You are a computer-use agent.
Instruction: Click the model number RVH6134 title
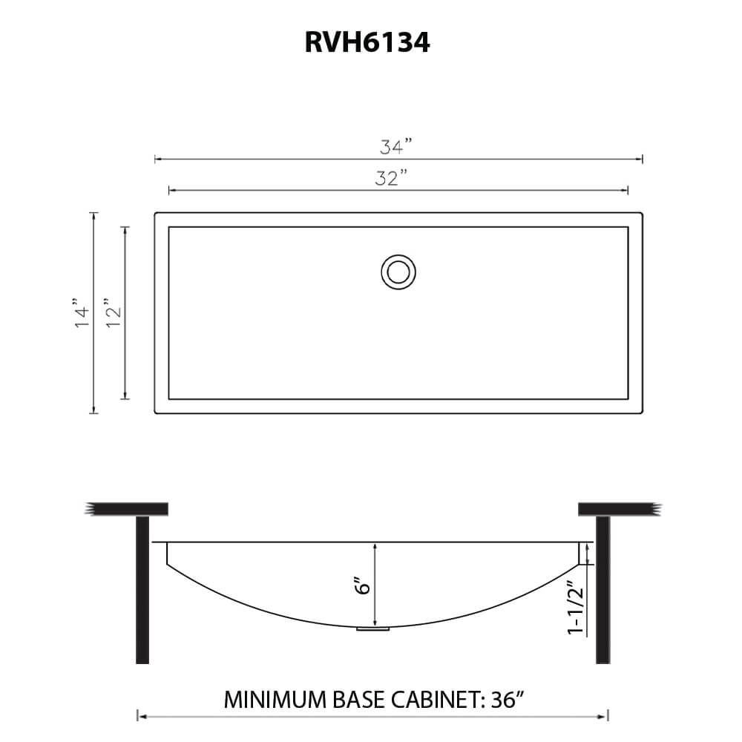[x=367, y=43]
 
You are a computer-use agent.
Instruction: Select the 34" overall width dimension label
[x=395, y=146]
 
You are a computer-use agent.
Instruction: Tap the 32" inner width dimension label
[x=392, y=179]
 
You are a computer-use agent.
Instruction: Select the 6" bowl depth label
[x=363, y=585]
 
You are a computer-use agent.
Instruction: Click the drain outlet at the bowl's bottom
[x=373, y=629]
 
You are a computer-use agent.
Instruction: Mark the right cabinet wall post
[x=603, y=590]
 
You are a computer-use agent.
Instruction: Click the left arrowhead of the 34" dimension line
[x=157, y=159]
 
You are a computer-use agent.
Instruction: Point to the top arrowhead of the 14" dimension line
[x=93, y=215]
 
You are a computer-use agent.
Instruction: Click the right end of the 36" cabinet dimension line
[x=607, y=716]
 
